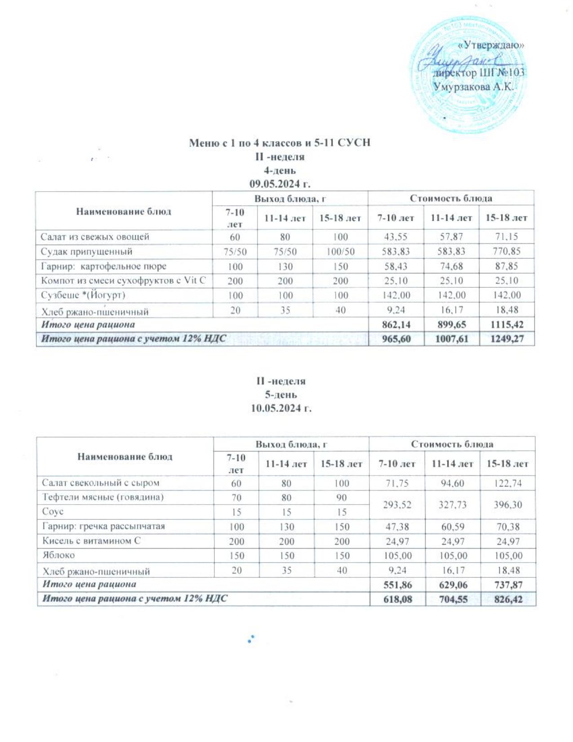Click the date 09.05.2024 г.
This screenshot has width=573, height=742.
click(x=280, y=184)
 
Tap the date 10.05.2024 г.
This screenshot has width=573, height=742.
click(x=281, y=408)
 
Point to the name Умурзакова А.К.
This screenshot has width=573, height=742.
click(x=473, y=87)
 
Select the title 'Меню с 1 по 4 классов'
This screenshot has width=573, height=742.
click(x=280, y=143)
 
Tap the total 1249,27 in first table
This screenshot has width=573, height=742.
click(x=506, y=339)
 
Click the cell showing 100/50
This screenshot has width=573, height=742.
click(x=340, y=251)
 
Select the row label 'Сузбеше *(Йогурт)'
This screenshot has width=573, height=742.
click(x=83, y=295)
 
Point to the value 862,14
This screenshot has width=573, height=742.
click(x=396, y=324)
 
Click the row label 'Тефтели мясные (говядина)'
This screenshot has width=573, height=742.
click(x=103, y=497)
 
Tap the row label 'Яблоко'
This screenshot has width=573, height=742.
click(x=58, y=555)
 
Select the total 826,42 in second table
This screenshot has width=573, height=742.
click(x=508, y=599)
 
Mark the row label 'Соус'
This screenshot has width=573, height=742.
click(x=53, y=512)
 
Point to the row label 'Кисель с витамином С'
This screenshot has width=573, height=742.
click(x=91, y=541)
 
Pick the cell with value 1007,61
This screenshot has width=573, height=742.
click(x=451, y=339)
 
